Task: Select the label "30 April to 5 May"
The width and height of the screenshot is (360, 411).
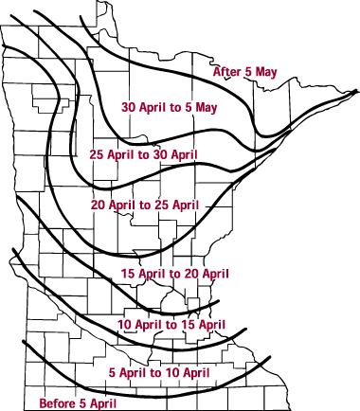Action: point(170,107)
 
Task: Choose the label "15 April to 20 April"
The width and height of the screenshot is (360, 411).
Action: point(176,274)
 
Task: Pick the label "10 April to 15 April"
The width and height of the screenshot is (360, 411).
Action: point(171,325)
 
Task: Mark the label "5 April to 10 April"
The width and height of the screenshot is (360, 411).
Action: point(159,372)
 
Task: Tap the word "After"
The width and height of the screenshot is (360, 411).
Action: point(226,72)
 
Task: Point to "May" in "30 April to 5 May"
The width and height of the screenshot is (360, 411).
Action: point(205,107)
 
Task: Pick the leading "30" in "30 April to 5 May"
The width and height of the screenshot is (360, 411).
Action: point(129,107)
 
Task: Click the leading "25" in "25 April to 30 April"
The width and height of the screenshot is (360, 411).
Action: point(96,154)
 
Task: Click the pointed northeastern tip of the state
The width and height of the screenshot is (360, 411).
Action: point(356,91)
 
